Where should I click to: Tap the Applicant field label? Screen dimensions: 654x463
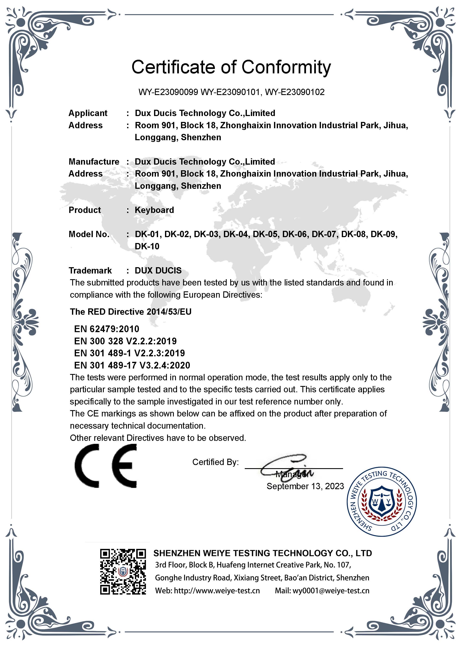pos(88,113)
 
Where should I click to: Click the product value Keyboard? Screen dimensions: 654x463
pos(154,210)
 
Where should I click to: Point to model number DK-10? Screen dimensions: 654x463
pos(147,246)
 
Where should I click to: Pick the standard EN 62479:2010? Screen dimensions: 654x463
pos(107,329)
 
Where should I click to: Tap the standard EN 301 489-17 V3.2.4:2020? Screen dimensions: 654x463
pos(132,365)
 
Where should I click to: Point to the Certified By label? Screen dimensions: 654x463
pos(215,462)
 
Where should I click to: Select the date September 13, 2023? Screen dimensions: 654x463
pos(305,486)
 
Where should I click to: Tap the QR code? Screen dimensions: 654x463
pos(123,571)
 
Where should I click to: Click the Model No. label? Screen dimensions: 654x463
pos(89,234)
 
